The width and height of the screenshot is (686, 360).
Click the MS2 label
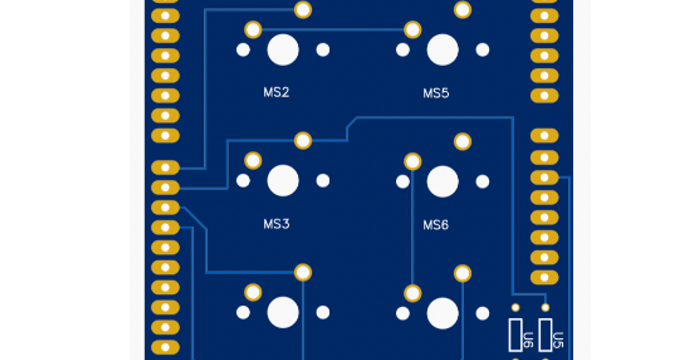pyautogui.click(x=276, y=93)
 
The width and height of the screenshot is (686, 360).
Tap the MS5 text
pyautogui.click(x=436, y=93)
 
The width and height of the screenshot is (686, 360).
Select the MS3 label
pyautogui.click(x=276, y=224)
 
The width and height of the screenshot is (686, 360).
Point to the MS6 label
pyautogui.click(x=436, y=225)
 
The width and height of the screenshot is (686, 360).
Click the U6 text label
pyautogui.click(x=529, y=341)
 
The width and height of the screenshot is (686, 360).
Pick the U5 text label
pyautogui.click(x=559, y=341)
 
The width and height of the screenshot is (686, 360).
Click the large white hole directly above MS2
pyautogui.click(x=283, y=50)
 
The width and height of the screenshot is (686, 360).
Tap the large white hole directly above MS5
pyautogui.click(x=442, y=50)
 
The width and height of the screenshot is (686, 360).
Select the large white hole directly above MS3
pyautogui.click(x=283, y=181)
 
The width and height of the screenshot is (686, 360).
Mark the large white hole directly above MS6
pyautogui.click(x=442, y=182)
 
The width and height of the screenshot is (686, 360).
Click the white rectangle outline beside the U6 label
pyautogui.click(x=516, y=335)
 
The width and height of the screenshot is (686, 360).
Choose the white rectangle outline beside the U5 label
pyautogui.click(x=546, y=335)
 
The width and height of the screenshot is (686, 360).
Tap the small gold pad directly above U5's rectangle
pyautogui.click(x=545, y=308)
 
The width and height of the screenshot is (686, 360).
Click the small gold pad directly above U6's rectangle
pyautogui.click(x=516, y=308)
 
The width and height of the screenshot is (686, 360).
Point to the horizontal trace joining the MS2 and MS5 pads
pyautogui.click(x=332, y=29)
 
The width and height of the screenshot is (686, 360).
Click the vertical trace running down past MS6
pyautogui.click(x=413, y=229)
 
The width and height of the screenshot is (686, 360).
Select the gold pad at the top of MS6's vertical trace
pyautogui.click(x=413, y=162)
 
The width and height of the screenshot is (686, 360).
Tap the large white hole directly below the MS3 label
pyautogui.click(x=283, y=313)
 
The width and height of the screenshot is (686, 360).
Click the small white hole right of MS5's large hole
pyautogui.click(x=482, y=50)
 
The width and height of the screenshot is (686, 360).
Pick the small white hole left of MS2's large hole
pyautogui.click(x=243, y=50)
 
